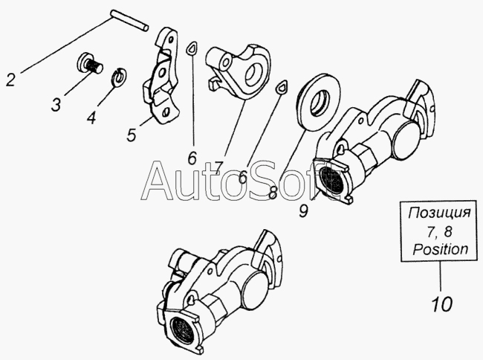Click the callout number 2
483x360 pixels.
[10, 80]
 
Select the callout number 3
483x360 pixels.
[56, 104]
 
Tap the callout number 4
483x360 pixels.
[91, 117]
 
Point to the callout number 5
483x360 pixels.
[132, 135]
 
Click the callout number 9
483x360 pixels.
[303, 210]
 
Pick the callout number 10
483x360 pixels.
[441, 303]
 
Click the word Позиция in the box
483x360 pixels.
[439, 213]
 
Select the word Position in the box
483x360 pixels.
[441, 248]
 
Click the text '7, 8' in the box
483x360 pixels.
[439, 231]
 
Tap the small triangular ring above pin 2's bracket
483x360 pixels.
[192, 48]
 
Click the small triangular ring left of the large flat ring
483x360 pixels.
[282, 87]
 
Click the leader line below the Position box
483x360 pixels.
[441, 277]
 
